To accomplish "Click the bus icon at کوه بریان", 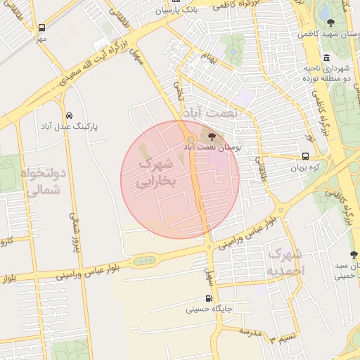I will tap(305, 157).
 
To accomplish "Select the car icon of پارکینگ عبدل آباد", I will tap(69, 115).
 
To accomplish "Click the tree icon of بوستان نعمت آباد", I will tap(213, 136).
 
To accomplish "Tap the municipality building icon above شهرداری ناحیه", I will tap(326, 58).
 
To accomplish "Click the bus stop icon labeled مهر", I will tap(41, 28).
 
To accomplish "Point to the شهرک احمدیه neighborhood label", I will tap(285, 262).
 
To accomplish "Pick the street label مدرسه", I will tap(250, 330).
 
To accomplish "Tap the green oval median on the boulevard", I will tap(146, 261).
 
